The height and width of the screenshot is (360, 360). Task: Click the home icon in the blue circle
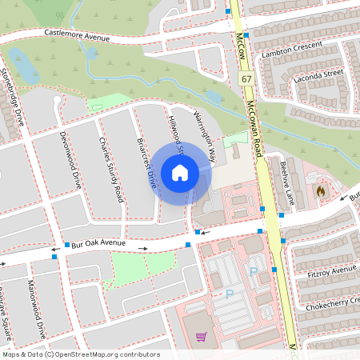pyautogui.click(x=180, y=173)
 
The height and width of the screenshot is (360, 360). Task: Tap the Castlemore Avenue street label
pyautogui.click(x=76, y=34)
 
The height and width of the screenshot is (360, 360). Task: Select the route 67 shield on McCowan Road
pyautogui.click(x=247, y=79)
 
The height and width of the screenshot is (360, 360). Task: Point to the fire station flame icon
pyautogui.click(x=322, y=192)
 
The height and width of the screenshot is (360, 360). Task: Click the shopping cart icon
pyautogui.click(x=201, y=336)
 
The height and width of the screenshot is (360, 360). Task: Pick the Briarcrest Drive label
pyautogui.click(x=146, y=163)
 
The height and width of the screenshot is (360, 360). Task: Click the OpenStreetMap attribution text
pyautogui.click(x=80, y=354)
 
